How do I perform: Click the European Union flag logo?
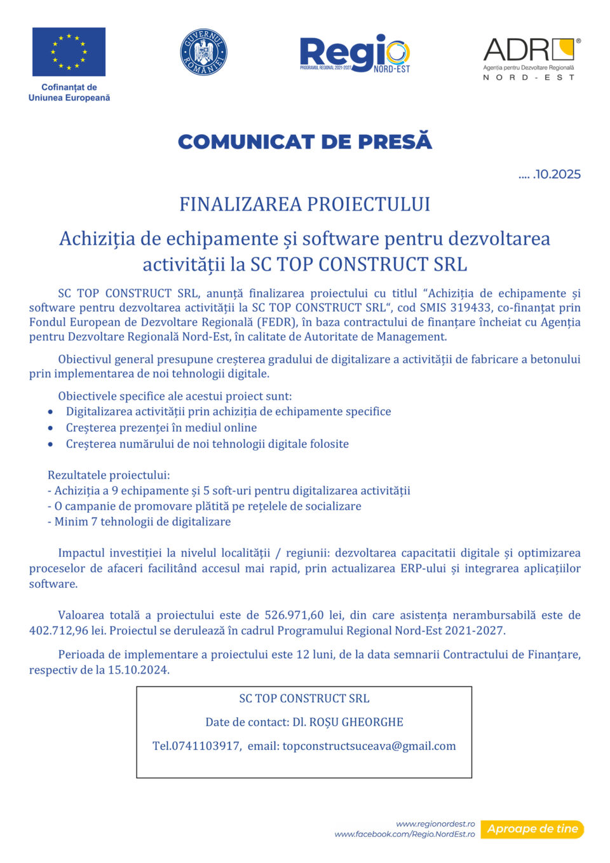pos(69,51)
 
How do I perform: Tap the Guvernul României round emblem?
pos(203,52)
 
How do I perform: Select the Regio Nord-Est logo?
pos(355,53)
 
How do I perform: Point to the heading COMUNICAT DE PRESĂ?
pos(305,141)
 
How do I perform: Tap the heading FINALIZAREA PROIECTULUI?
pos(305,204)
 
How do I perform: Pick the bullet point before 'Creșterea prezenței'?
pos(50,428)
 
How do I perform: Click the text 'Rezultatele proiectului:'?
pos(109,475)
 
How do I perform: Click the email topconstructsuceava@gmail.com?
pos(369,746)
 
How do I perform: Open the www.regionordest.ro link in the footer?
pos(435,824)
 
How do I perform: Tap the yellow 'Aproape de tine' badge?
pos(532,829)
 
